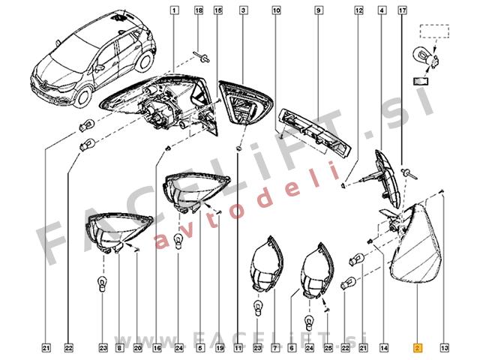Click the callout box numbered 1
tap(174, 10)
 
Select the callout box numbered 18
tap(199, 10)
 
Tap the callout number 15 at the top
tap(217, 10)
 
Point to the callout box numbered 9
tap(318, 10)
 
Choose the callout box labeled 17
tap(402, 10)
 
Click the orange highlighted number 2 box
tap(418, 348)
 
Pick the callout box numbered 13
tap(445, 348)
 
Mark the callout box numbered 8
tap(118, 348)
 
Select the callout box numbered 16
tap(157, 348)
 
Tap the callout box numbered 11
tap(238, 348)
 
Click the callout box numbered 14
tap(384, 348)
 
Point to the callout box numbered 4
tap(382, 10)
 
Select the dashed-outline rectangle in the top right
tap(434, 31)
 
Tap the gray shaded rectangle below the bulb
tap(421, 82)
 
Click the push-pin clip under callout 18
tap(202, 57)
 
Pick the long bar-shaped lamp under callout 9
tap(315, 133)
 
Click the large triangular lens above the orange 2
tap(418, 243)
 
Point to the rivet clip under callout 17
tap(409, 173)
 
